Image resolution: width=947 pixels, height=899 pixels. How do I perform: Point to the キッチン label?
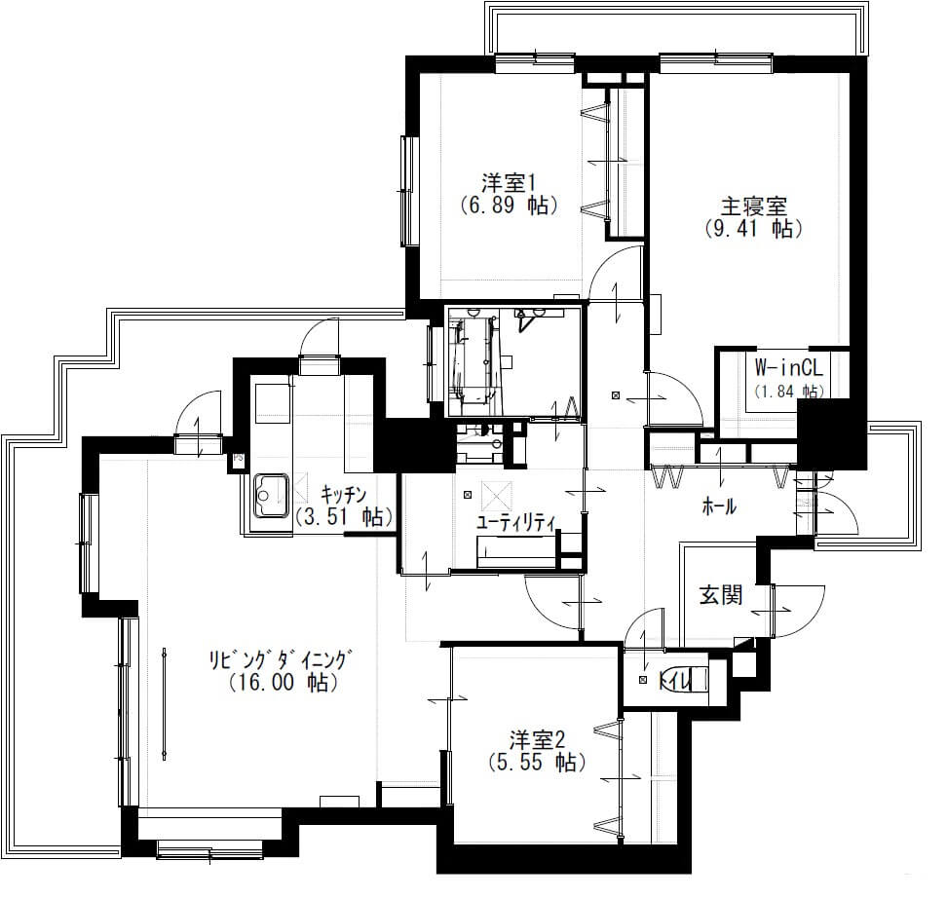click(343, 495)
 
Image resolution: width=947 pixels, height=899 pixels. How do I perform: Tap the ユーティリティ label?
click(515, 523)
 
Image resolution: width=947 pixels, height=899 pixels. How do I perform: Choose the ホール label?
click(719, 506)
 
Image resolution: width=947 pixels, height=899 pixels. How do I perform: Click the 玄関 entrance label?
click(721, 595)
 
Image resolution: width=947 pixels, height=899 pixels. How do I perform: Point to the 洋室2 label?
click(536, 739)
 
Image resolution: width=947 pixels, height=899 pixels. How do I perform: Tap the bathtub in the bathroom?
click(473, 361)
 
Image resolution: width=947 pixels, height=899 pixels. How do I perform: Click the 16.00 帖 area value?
click(284, 682)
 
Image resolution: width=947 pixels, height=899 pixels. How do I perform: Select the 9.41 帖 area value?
click(754, 229)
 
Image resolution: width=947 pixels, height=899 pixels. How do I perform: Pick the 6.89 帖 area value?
click(509, 206)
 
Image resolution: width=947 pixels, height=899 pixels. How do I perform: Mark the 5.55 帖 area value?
click(536, 763)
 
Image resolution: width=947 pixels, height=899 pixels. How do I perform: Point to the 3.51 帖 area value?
click(345, 517)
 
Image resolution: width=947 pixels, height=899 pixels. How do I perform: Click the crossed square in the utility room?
click(497, 497)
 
